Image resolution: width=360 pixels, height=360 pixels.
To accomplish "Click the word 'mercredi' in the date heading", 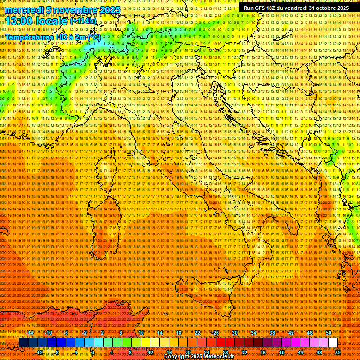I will [x=23, y=10].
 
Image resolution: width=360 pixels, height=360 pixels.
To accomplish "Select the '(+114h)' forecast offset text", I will [x=83, y=21].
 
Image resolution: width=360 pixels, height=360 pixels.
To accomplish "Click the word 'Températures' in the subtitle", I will [x=29, y=37].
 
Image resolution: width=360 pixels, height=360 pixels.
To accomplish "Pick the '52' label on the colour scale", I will [x=338, y=352].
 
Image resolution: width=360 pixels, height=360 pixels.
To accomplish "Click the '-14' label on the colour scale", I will [x=30, y=333].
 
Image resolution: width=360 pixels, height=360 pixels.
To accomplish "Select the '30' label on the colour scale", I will [x=235, y=333].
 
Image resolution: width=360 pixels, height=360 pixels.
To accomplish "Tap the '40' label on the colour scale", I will [x=282, y=352].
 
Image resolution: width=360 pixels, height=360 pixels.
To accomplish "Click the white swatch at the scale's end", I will [x=333, y=343].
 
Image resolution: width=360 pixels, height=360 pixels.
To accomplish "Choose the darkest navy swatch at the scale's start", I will [x=23, y=343].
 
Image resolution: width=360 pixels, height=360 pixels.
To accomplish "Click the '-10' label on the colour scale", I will [x=49, y=333].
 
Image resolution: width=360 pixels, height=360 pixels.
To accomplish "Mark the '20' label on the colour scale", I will [x=188, y=352].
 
